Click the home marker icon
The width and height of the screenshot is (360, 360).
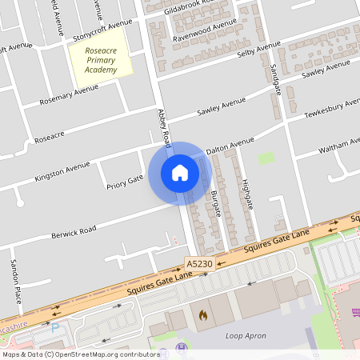pyautogui.click(x=180, y=173)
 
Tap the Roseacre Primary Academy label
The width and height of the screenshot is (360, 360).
pyautogui.click(x=101, y=60)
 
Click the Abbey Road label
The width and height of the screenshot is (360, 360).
pyautogui.click(x=165, y=128)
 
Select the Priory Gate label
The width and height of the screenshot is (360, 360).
pyautogui.click(x=124, y=183)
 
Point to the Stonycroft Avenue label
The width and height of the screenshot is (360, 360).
pyautogui.click(x=102, y=31)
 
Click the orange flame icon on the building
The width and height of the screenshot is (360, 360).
pyautogui.click(x=202, y=315)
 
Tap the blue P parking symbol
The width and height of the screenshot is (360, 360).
pyautogui.click(x=55, y=328)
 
